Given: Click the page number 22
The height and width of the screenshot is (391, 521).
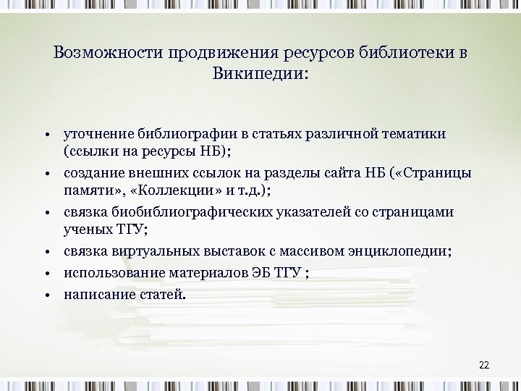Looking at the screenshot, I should click(484, 364).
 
